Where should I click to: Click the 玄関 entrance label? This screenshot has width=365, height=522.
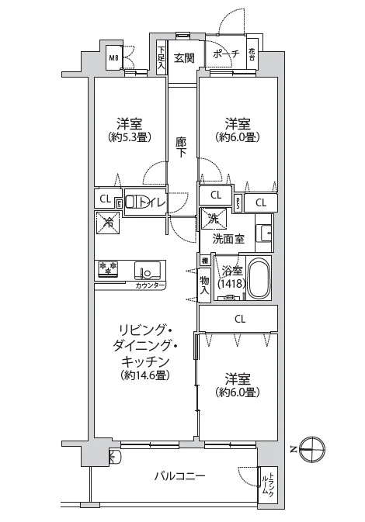(184, 57)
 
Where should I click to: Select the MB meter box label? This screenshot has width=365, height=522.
(113, 57)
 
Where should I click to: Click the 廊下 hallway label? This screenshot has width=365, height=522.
(182, 147)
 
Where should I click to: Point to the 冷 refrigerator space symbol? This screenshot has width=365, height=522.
(106, 223)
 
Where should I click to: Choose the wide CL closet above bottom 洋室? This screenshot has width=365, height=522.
(240, 318)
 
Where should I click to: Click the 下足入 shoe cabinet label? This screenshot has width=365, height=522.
(161, 57)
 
